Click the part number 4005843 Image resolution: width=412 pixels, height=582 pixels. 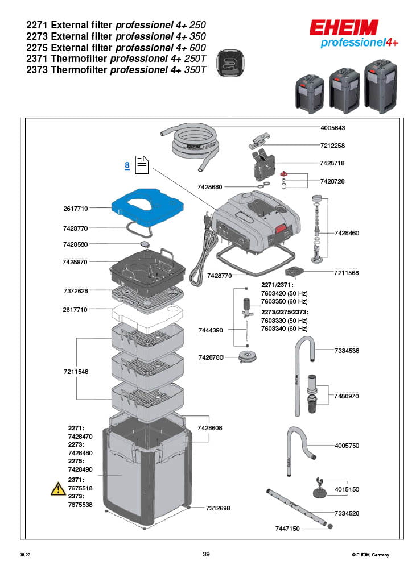[x=333, y=128]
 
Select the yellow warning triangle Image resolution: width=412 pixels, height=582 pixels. [x=58, y=488]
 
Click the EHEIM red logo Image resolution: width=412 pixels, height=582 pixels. [x=344, y=28]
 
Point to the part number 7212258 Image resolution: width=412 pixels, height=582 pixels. [x=333, y=145]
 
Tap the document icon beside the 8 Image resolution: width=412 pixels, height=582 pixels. [x=141, y=165]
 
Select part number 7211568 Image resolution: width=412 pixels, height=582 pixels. [x=347, y=273]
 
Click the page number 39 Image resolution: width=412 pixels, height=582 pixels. [x=206, y=554]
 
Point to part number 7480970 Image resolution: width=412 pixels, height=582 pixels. [x=347, y=396]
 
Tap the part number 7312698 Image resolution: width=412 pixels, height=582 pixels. [x=218, y=508]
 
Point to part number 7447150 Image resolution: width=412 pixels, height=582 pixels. [x=287, y=529]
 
